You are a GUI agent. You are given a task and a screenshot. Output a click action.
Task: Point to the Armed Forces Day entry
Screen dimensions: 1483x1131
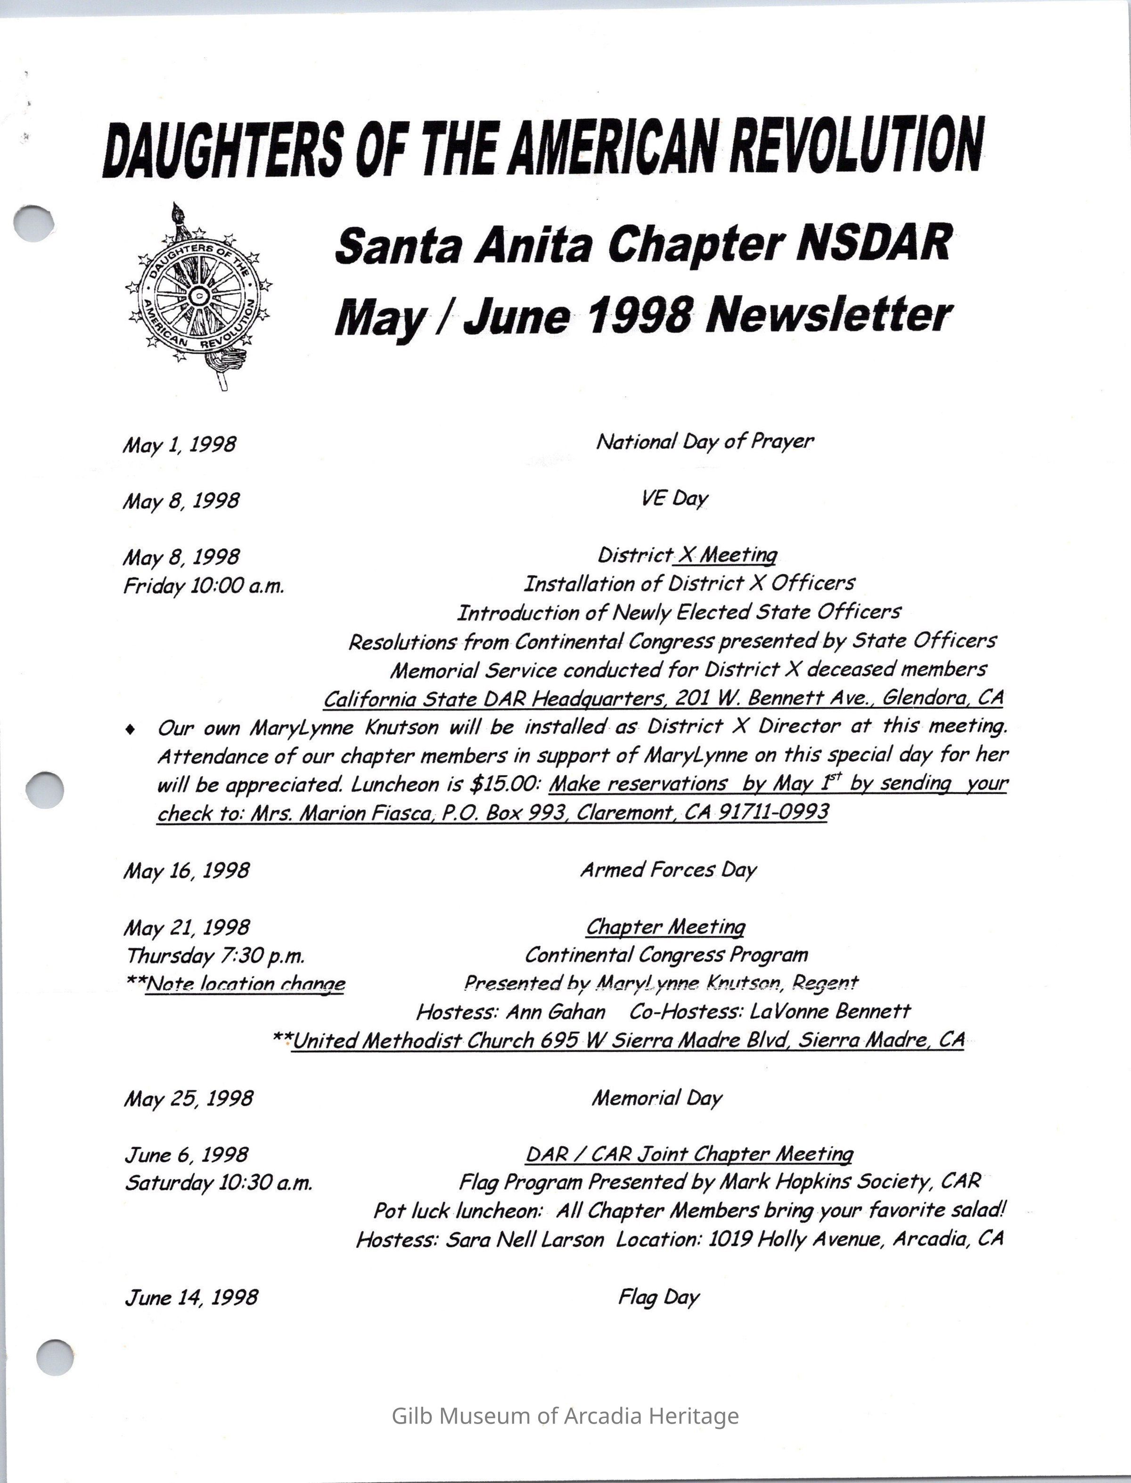(669, 870)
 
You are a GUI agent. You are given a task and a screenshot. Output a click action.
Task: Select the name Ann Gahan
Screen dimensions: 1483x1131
(556, 1012)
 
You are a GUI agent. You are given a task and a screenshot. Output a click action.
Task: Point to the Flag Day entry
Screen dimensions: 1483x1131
(659, 1297)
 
